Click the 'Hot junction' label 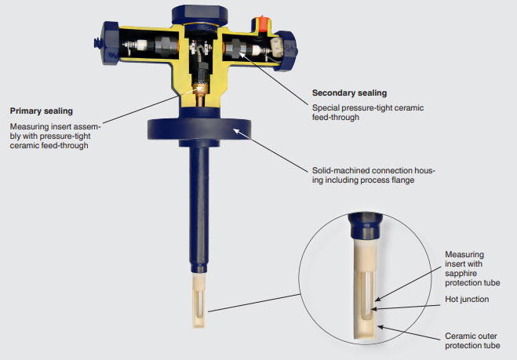[x=468, y=300]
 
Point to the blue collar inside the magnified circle [x=364, y=226]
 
